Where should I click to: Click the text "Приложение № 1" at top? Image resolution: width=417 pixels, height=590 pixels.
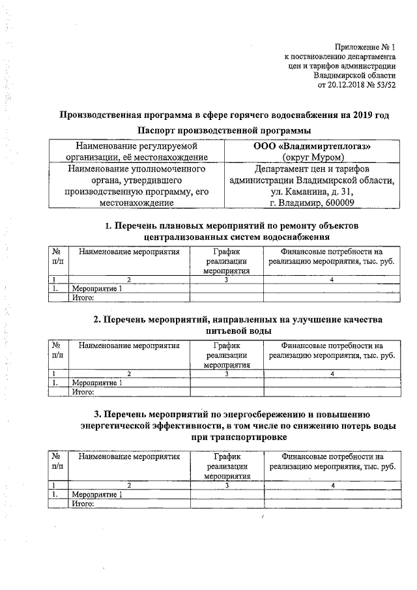366,46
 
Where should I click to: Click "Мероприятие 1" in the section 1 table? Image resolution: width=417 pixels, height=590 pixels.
96,288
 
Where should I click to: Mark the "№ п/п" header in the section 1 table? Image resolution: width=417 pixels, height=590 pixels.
57,257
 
